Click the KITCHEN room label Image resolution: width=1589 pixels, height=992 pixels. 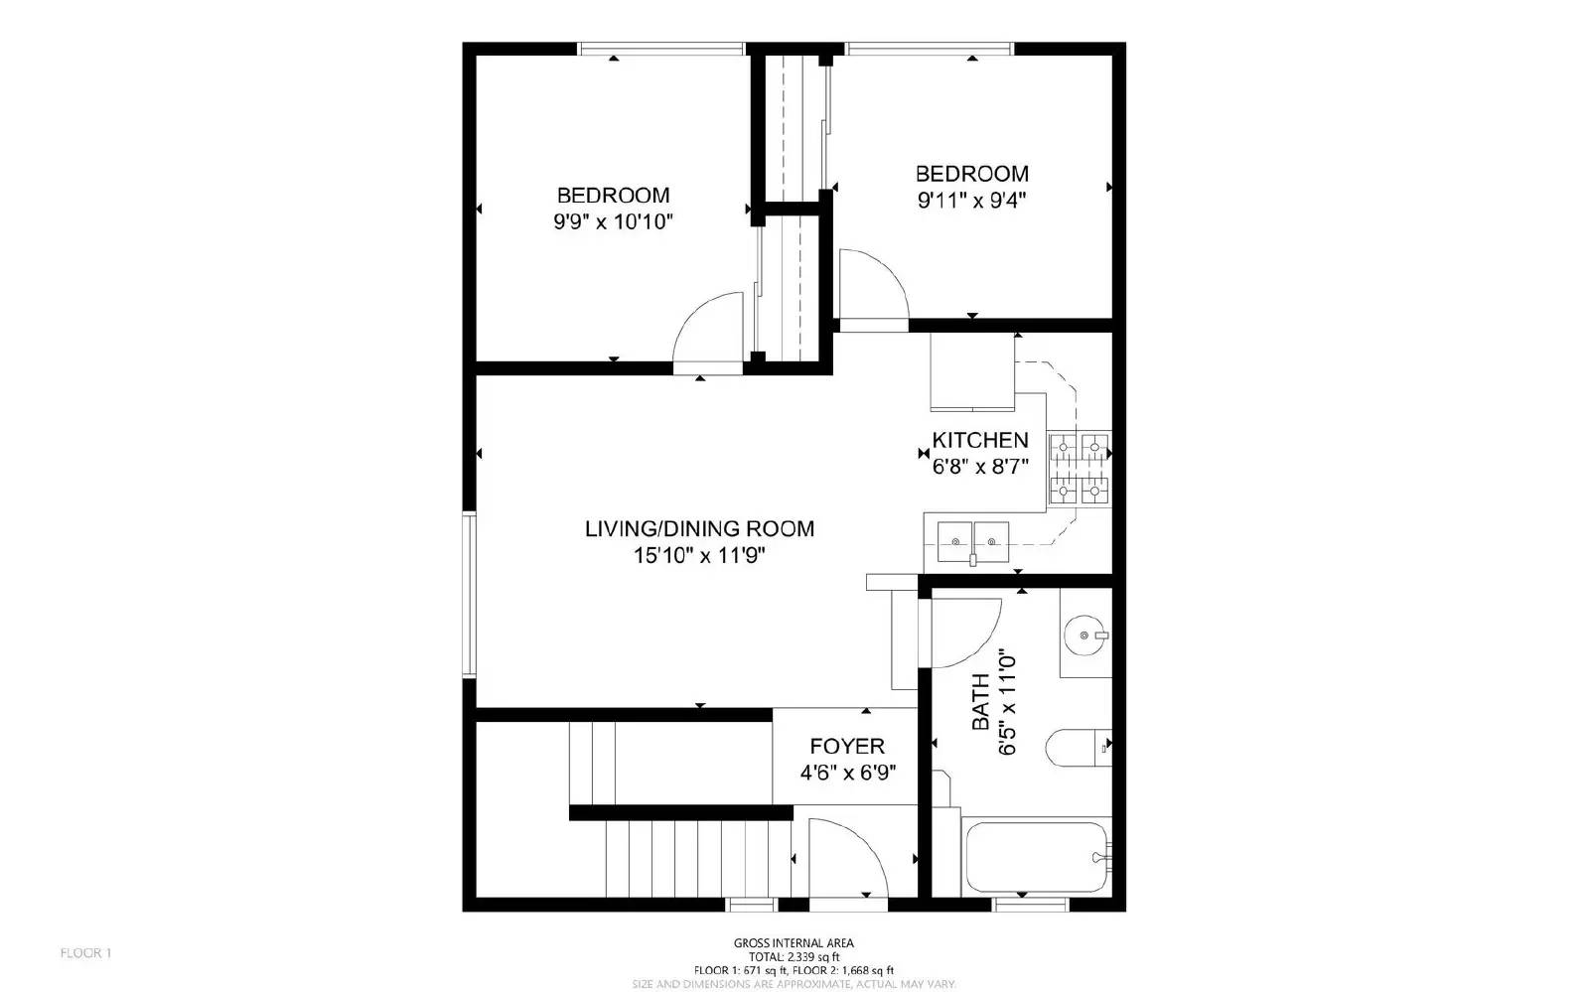click(979, 440)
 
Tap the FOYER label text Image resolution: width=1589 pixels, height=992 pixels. click(847, 747)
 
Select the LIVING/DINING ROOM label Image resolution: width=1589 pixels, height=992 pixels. click(699, 528)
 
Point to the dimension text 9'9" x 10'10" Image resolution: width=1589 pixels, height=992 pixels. click(613, 221)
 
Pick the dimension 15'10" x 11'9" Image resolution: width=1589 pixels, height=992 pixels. click(699, 556)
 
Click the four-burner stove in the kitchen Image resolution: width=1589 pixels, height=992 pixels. click(1079, 469)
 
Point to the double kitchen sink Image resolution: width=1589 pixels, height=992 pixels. click(973, 542)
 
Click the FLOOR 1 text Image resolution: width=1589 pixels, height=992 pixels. click(86, 953)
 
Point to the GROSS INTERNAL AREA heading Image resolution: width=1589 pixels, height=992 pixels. click(794, 943)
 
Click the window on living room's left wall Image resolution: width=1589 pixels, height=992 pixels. click(469, 595)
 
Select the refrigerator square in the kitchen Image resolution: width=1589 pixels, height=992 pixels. click(971, 371)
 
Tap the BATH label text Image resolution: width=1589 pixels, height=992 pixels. click(981, 702)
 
